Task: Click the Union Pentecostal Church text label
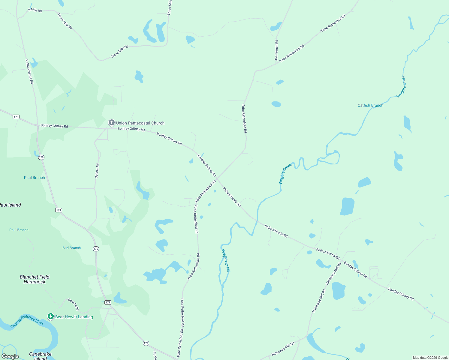tap(140, 123)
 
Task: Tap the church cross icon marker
tap(111, 122)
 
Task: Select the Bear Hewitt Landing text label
tap(74, 317)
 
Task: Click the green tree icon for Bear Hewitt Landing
tap(51, 316)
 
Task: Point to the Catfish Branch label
tap(370, 105)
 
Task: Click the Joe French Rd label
tap(276, 50)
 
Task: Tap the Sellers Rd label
tap(97, 171)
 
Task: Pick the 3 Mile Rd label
tap(35, 10)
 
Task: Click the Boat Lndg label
tap(74, 304)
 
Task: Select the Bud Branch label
tap(71, 248)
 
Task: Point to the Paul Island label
tap(10, 205)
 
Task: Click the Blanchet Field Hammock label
tap(35, 279)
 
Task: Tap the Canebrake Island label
tap(40, 356)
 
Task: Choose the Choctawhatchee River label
tap(27, 321)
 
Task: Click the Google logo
tap(10, 356)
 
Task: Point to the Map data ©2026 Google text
tap(430, 358)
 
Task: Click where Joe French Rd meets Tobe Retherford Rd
tap(276, 64)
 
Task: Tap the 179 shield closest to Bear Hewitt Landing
tap(108, 302)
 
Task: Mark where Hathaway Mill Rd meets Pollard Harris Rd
tap(341, 260)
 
